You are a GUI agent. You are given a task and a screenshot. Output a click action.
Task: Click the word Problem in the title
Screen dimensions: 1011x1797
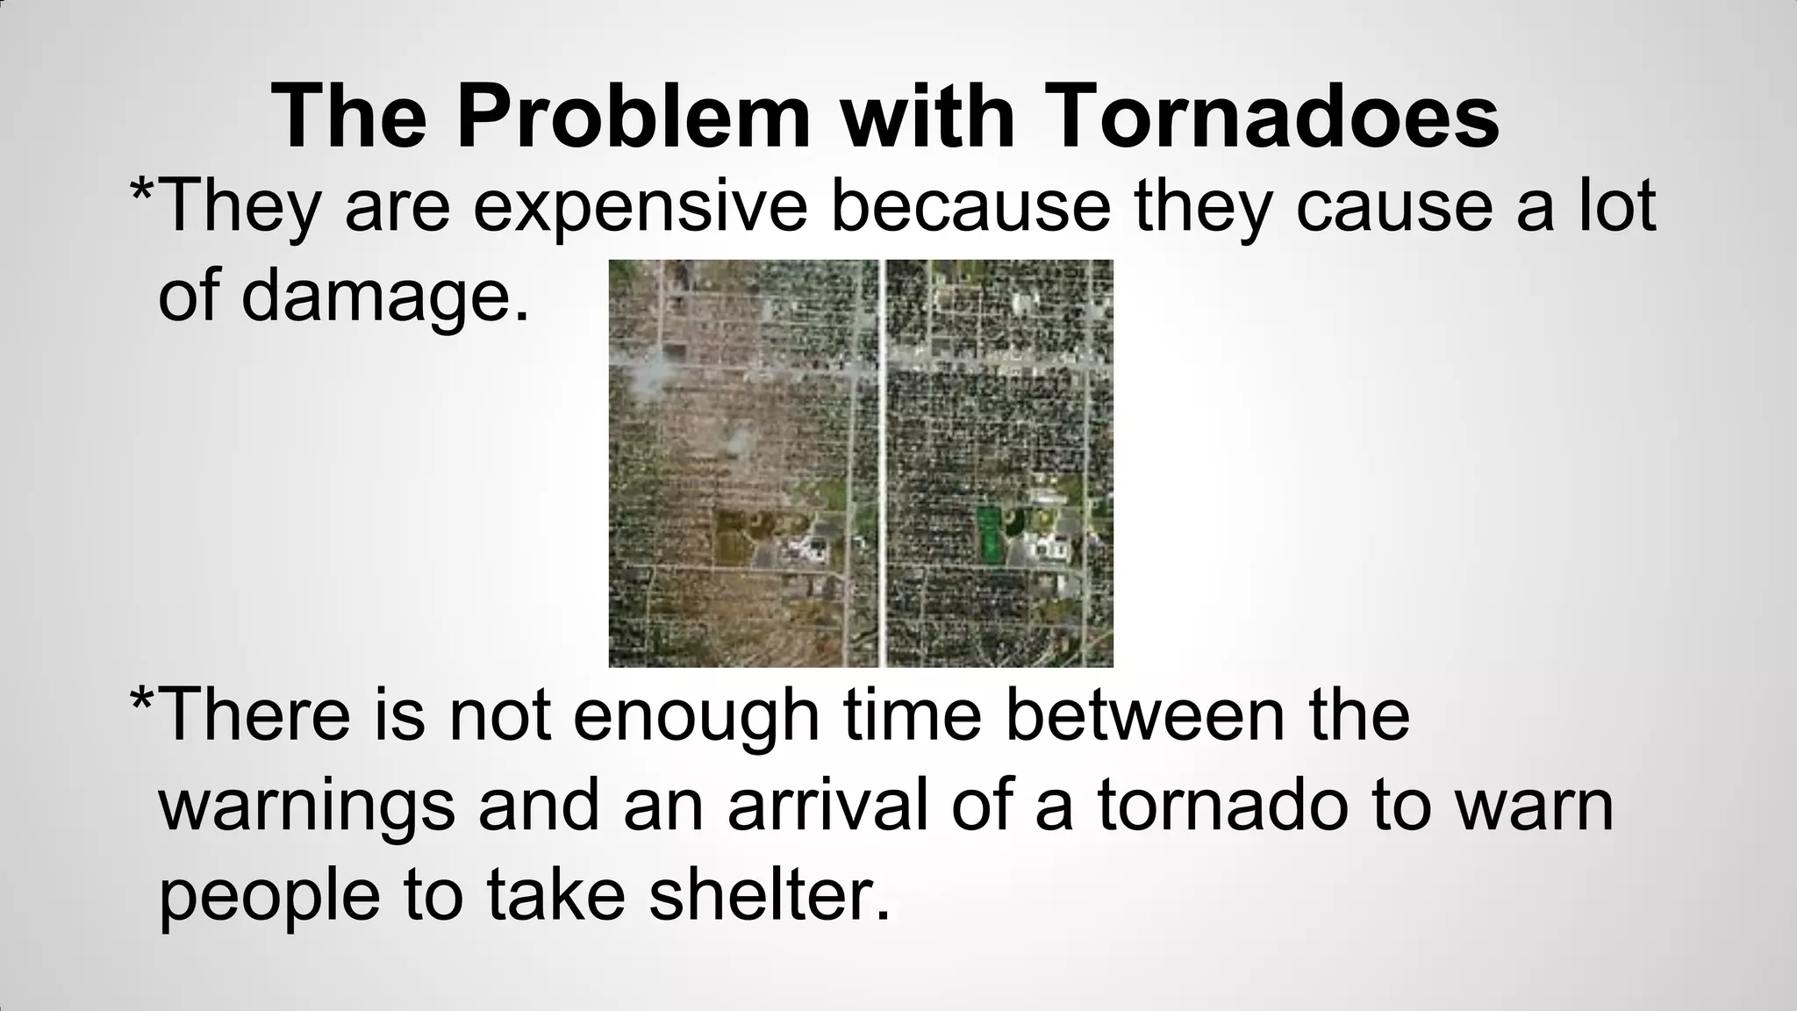pyautogui.click(x=634, y=118)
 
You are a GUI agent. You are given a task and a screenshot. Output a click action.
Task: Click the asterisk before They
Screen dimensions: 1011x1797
pyautogui.click(x=142, y=191)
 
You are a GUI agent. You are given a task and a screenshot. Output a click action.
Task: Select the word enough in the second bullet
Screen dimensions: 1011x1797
pyautogui.click(x=696, y=717)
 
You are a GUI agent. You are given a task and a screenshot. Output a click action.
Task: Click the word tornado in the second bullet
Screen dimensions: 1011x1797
pyautogui.click(x=1221, y=805)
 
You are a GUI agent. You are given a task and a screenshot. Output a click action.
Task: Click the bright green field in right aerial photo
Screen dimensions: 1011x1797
pyautogui.click(x=989, y=534)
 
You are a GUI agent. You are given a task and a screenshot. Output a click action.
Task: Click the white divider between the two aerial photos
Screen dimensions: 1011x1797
pyautogui.click(x=882, y=463)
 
